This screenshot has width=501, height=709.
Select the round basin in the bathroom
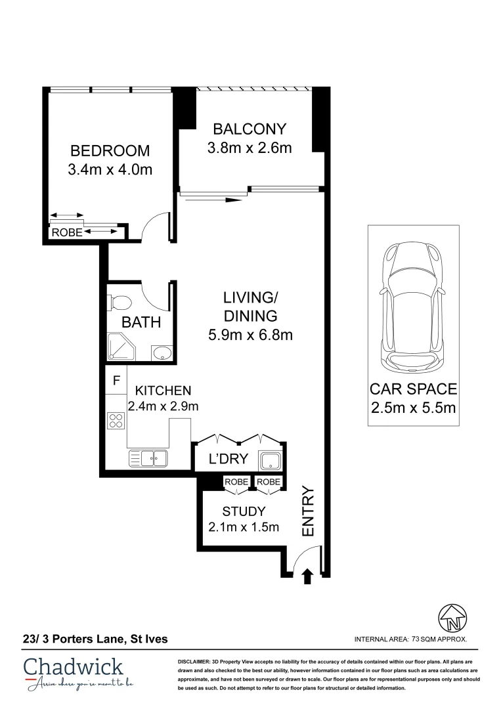point(161,353)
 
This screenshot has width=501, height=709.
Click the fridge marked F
point(116,380)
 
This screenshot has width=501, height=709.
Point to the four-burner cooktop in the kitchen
point(116,421)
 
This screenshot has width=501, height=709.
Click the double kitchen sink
point(148,459)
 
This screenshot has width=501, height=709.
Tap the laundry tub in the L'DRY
point(271,462)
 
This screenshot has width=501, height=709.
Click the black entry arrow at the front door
point(307,576)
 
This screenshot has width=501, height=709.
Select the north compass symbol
point(452,618)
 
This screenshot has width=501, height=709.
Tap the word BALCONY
point(250,129)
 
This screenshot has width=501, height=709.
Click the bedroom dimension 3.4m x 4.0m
point(110,169)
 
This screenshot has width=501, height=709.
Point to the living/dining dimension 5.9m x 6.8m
point(251,335)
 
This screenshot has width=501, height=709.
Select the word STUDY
point(244,511)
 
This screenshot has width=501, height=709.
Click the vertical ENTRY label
point(307,511)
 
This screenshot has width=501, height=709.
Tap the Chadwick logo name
point(74,668)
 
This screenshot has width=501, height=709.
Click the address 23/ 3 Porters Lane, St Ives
point(95,639)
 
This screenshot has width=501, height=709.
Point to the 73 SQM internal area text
point(410,639)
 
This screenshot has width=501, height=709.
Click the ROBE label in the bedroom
point(67,232)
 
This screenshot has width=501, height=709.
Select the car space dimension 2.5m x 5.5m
point(413,408)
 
